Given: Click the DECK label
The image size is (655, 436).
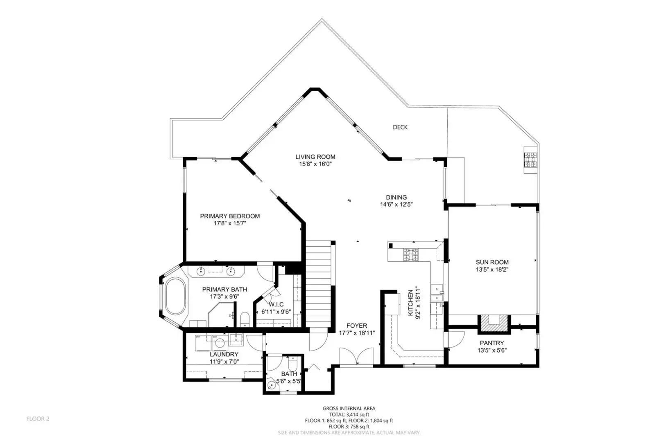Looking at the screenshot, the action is pyautogui.click(x=400, y=127).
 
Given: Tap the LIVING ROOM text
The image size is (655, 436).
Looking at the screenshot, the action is pyautogui.click(x=315, y=157).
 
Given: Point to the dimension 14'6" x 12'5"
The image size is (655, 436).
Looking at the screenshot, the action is pyautogui.click(x=396, y=205).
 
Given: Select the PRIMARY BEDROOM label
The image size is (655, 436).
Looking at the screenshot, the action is pyautogui.click(x=230, y=216).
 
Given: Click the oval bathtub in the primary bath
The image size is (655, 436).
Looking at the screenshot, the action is pyautogui.click(x=175, y=296).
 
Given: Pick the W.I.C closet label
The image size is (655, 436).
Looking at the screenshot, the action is pyautogui.click(x=276, y=305).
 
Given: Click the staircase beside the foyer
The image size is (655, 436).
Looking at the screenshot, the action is pyautogui.click(x=319, y=283).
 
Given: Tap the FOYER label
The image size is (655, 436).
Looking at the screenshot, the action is pyautogui.click(x=357, y=326).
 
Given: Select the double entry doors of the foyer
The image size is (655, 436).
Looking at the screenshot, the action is pyautogui.click(x=356, y=356).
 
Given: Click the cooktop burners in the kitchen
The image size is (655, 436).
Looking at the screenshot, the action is pyautogui.click(x=411, y=255).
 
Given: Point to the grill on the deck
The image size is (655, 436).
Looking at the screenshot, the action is pyautogui.click(x=530, y=160).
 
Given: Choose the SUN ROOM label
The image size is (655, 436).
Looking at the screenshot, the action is pyautogui.click(x=492, y=262).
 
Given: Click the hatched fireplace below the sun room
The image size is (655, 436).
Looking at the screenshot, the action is pyautogui.click(x=494, y=323).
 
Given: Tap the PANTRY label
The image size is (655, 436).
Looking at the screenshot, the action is pyautogui.click(x=492, y=343).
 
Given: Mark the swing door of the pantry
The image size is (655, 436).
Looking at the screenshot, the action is pyautogui.click(x=455, y=339).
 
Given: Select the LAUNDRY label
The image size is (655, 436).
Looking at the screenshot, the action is pyautogui.click(x=224, y=354).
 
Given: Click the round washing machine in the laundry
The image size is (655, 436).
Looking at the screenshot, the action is pyautogui.click(x=220, y=343).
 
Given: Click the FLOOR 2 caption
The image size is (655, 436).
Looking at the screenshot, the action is pyautogui.click(x=38, y=419).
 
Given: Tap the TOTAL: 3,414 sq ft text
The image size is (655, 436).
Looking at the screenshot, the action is pyautogui.click(x=349, y=414).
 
